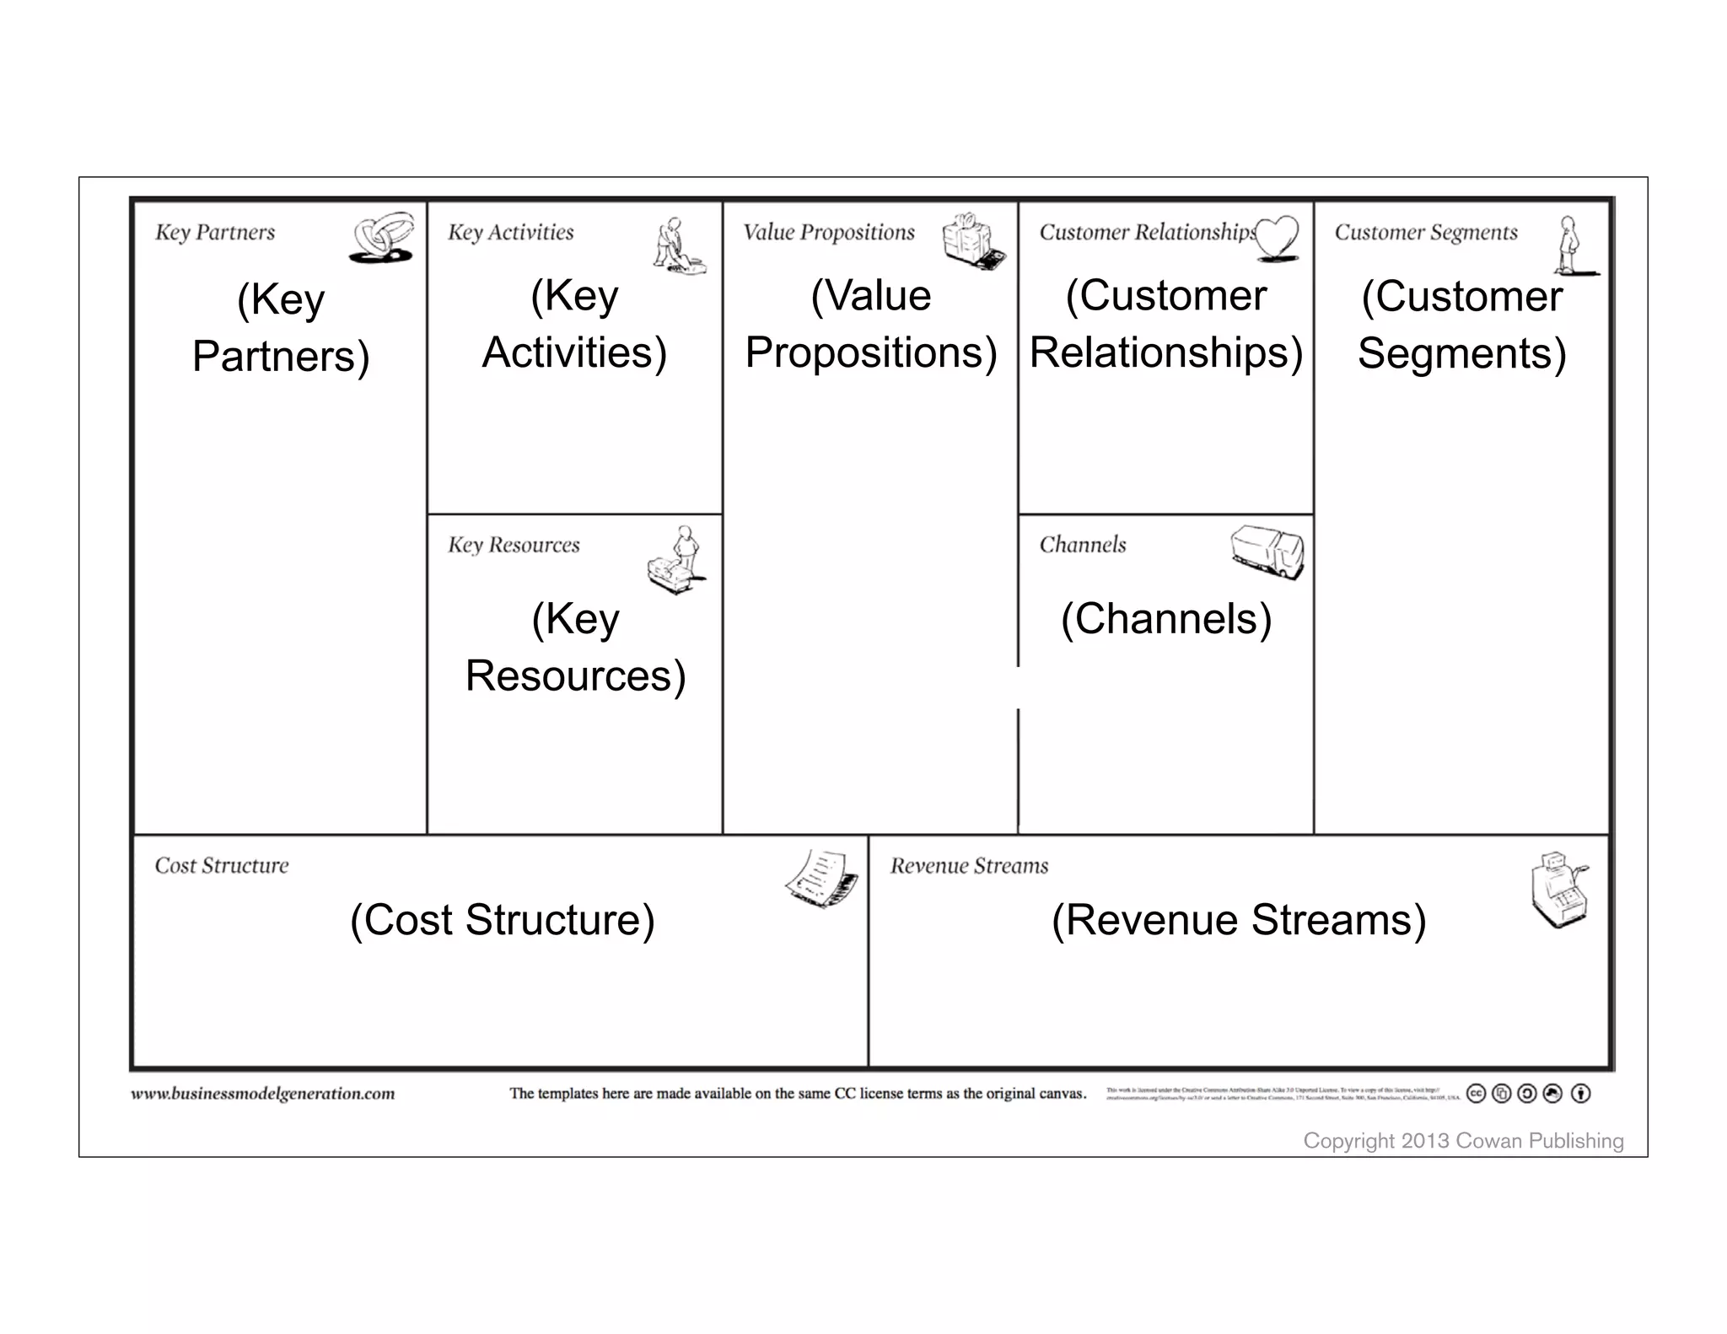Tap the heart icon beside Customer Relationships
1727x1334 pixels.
tap(1277, 237)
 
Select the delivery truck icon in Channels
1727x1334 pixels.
tap(1267, 552)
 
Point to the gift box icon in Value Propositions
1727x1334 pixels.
tap(973, 241)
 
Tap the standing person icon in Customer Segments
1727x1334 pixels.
tap(1570, 245)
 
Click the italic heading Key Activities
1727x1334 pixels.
tap(510, 232)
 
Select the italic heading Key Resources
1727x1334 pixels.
tap(514, 545)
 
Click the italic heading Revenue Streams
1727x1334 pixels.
tap(969, 866)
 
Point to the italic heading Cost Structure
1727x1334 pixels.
tap(222, 866)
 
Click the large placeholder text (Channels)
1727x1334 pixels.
tap(1165, 619)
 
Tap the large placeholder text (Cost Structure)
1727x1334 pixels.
tap(502, 920)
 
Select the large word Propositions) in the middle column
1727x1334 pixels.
tap(870, 352)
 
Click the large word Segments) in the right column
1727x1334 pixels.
tap(1461, 353)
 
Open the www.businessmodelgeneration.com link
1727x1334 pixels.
tap(262, 1094)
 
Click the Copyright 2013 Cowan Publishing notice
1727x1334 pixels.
tap(1463, 1141)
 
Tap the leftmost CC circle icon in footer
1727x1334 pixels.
tap(1476, 1094)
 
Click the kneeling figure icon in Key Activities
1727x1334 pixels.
tap(678, 245)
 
